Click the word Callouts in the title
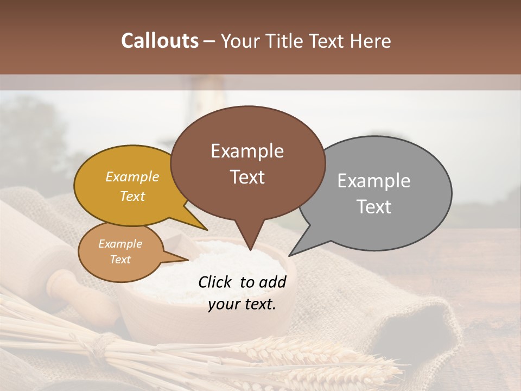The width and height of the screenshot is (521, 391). click(160, 41)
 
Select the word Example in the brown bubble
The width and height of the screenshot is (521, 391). click(247, 151)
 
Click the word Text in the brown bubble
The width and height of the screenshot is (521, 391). click(247, 177)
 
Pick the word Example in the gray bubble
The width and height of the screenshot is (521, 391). click(373, 181)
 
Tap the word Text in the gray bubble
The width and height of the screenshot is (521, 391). click(374, 207)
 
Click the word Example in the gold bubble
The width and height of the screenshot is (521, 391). click(132, 177)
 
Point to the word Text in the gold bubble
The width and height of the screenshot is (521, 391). click(132, 197)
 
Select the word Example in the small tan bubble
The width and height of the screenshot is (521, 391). click(120, 244)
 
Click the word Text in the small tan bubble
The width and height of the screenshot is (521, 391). click(120, 260)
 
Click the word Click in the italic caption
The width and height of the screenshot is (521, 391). click(215, 282)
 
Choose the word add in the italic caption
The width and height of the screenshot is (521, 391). click(273, 282)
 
